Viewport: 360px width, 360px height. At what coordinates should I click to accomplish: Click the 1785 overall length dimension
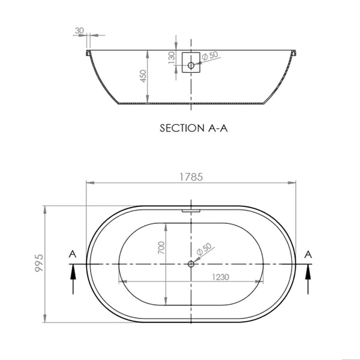point(191,177)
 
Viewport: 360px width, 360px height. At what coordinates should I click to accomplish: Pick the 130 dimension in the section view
point(172,57)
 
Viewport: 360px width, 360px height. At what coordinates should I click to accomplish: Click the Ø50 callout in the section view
point(210,55)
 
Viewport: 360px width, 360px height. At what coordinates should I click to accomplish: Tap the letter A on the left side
point(73,254)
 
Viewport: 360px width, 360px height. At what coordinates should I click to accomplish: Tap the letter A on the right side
point(309,254)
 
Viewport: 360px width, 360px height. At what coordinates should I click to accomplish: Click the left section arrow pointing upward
point(73,279)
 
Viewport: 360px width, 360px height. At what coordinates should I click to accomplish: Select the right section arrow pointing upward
point(309,279)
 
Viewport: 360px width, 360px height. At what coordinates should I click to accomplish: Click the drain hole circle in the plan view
point(191,264)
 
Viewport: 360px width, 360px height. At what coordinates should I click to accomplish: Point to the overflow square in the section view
point(191,64)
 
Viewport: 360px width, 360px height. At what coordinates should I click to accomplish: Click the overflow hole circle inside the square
point(191,65)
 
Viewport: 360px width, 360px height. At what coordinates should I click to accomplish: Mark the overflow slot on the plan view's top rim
point(191,210)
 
